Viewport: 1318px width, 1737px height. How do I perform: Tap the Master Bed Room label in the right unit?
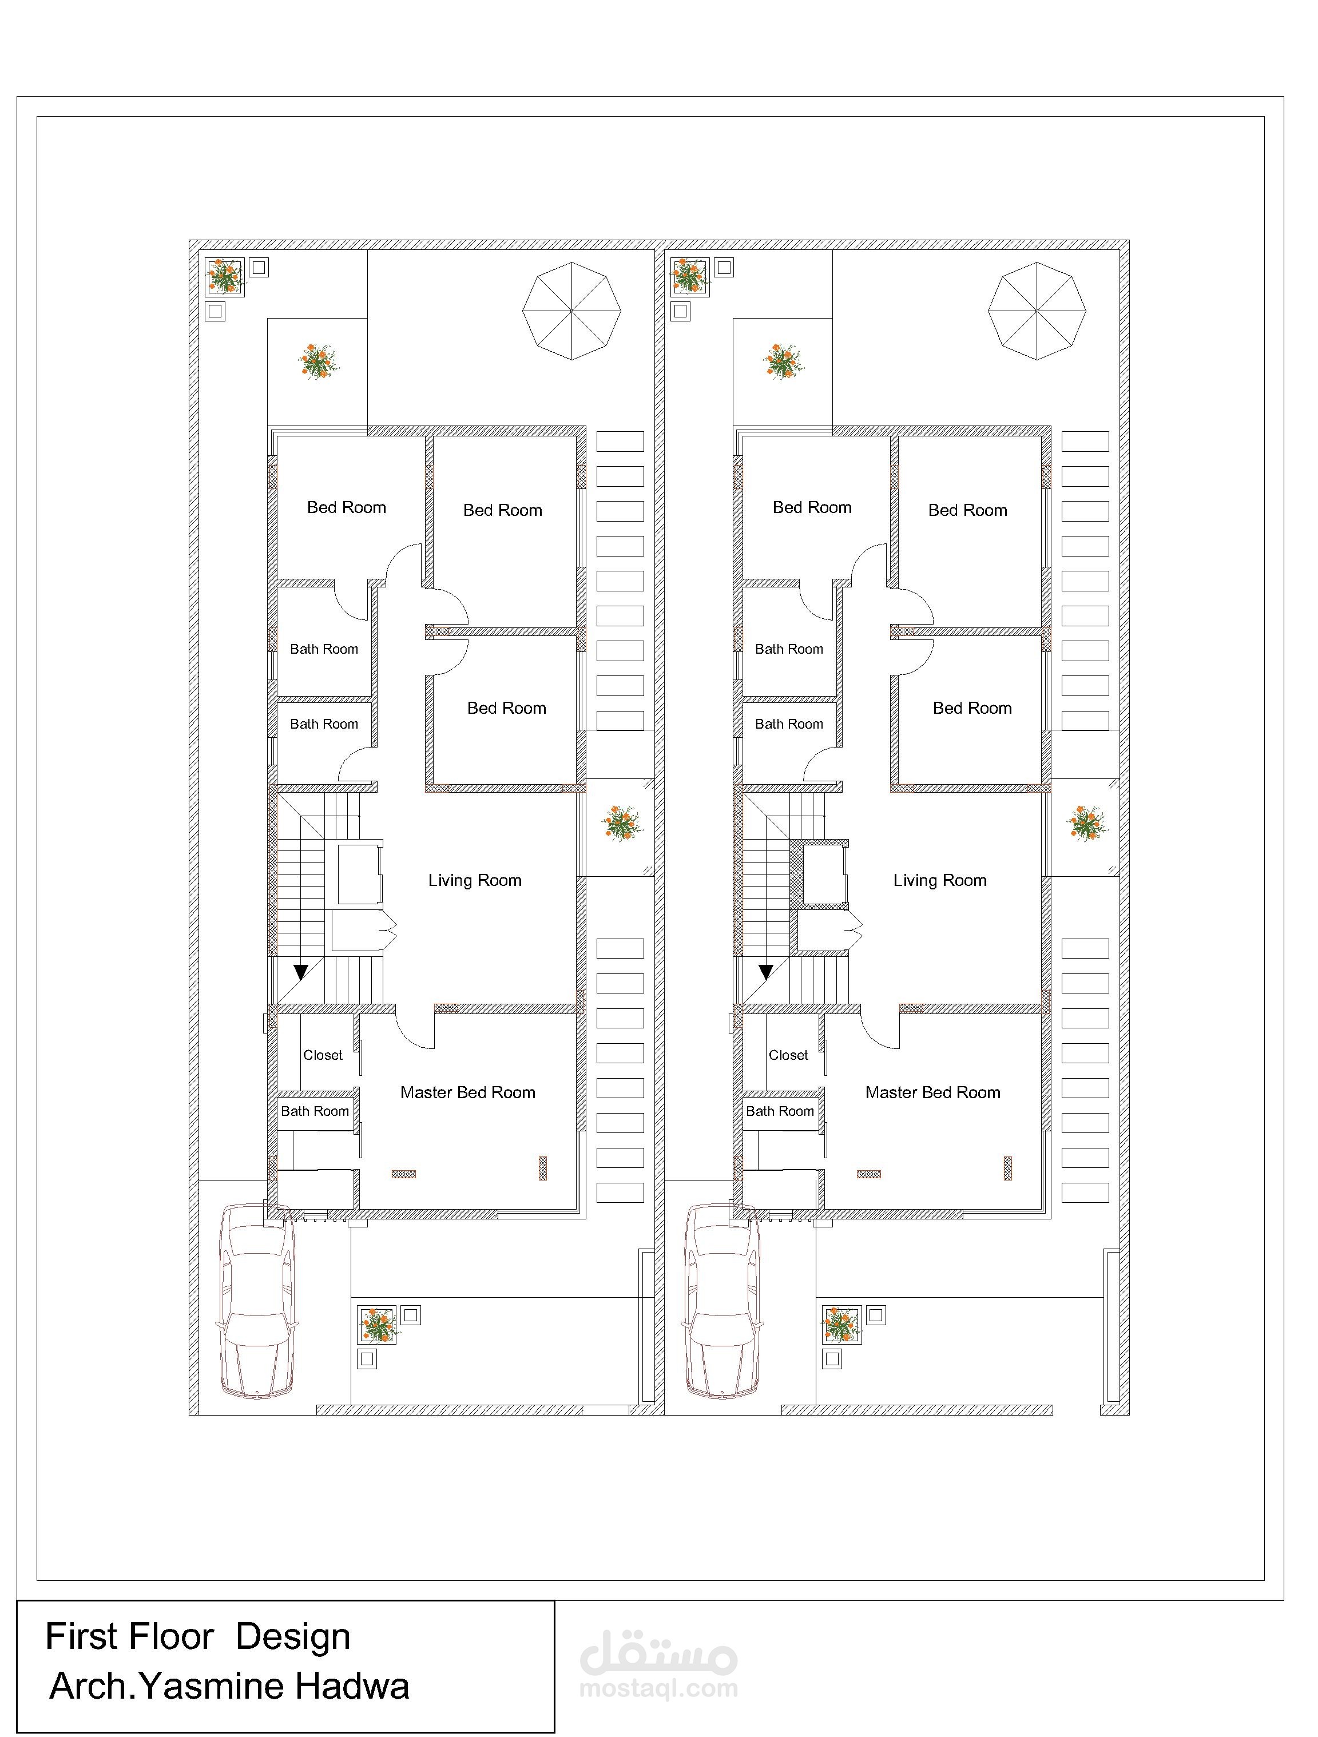[932, 1092]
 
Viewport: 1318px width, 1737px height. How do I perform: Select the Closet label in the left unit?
[323, 1055]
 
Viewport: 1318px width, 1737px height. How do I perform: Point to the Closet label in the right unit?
[788, 1055]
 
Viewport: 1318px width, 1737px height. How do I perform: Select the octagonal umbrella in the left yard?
[572, 311]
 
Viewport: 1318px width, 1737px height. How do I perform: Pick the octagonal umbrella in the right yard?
[1037, 311]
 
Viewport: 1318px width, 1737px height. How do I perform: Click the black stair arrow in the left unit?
[301, 973]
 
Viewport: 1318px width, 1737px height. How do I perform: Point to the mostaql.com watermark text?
[658, 1688]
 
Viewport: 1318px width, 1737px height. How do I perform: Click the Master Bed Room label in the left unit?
[467, 1092]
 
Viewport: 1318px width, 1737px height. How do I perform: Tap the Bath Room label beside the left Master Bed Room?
[315, 1111]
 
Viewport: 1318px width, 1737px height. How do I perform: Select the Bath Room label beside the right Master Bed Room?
[780, 1111]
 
